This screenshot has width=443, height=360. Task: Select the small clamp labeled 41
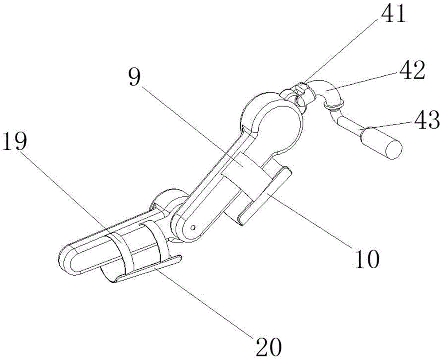click(303, 91)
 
